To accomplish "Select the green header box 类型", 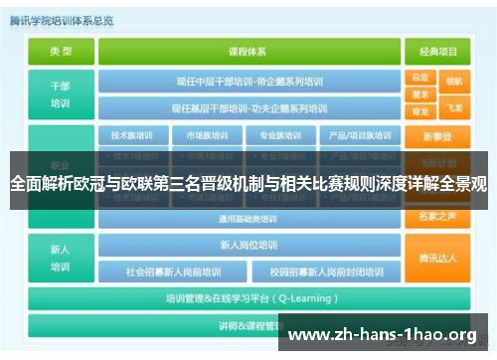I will point(61,51).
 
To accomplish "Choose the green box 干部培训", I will point(61,93).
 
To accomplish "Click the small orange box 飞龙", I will point(454,104).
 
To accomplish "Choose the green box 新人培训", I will point(61,258).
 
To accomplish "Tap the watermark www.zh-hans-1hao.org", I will point(382,335).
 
